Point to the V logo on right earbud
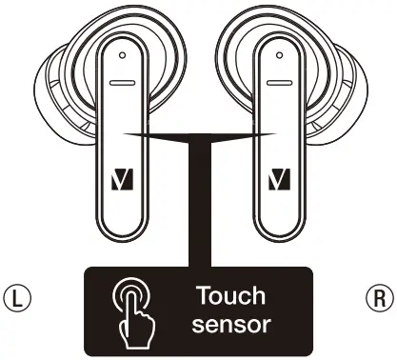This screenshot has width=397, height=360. click(278, 177)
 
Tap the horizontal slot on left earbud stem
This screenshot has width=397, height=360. click(121, 83)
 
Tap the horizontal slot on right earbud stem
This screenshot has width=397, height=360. click(276, 83)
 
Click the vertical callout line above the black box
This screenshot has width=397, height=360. click(199, 210)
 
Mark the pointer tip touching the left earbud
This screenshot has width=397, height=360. click(125, 134)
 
